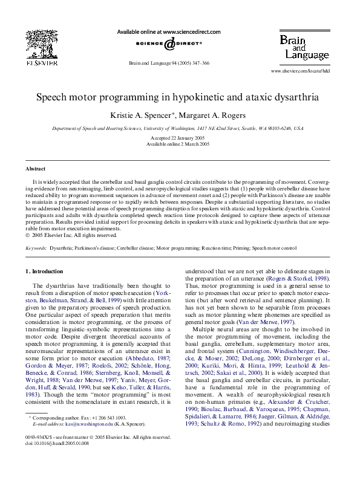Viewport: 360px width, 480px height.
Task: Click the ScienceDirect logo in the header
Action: coord(168,44)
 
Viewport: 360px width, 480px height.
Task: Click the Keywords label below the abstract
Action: coord(36,248)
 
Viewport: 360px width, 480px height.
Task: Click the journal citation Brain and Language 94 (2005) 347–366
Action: coord(169,63)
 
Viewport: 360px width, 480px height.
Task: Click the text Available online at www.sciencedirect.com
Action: coord(168,32)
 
